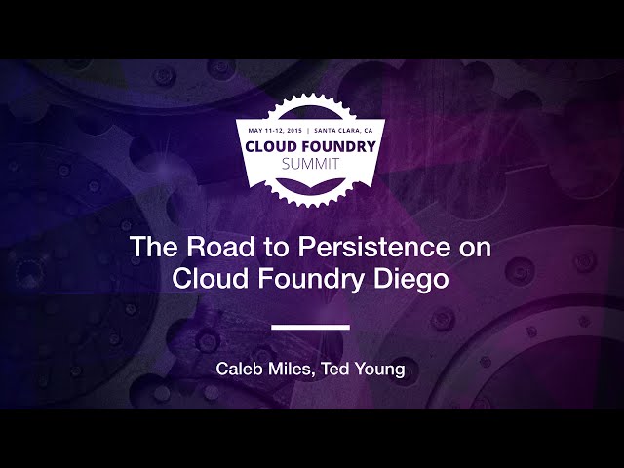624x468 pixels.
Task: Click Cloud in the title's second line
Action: (208, 278)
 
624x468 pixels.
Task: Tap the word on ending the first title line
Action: (477, 248)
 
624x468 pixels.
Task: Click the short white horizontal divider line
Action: (310, 327)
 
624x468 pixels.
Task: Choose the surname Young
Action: (381, 371)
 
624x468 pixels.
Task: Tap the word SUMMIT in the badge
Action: (311, 164)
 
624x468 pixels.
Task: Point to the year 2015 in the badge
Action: (289, 130)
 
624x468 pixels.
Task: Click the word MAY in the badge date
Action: (255, 130)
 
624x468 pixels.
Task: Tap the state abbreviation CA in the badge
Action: (368, 130)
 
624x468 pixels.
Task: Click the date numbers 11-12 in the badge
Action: (272, 130)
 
